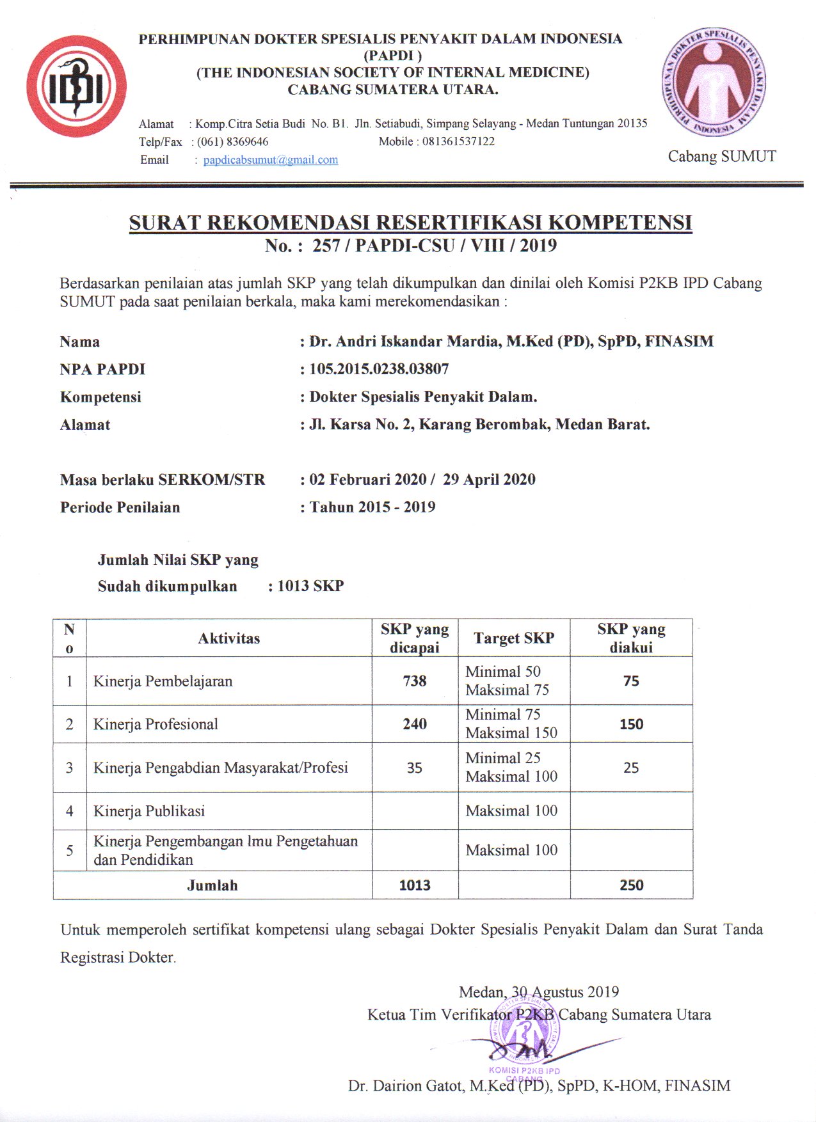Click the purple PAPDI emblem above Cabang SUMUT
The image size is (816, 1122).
(714, 81)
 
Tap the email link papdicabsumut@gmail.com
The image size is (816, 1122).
(271, 160)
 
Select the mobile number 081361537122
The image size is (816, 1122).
(458, 141)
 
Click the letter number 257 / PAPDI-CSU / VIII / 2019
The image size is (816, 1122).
(434, 246)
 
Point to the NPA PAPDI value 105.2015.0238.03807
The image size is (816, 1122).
(379, 369)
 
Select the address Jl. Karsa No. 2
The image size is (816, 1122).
(362, 425)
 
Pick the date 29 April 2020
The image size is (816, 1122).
(489, 480)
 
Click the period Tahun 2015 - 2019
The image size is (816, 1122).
(372, 507)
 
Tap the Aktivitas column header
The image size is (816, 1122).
(229, 638)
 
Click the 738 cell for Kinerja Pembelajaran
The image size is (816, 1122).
(415, 681)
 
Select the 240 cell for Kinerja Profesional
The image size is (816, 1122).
(415, 724)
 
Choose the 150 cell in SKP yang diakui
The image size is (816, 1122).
(631, 725)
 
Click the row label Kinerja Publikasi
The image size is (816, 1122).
(149, 811)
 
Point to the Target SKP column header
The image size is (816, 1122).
(514, 638)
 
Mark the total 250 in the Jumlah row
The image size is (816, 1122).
(631, 885)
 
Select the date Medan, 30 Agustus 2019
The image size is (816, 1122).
(539, 992)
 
